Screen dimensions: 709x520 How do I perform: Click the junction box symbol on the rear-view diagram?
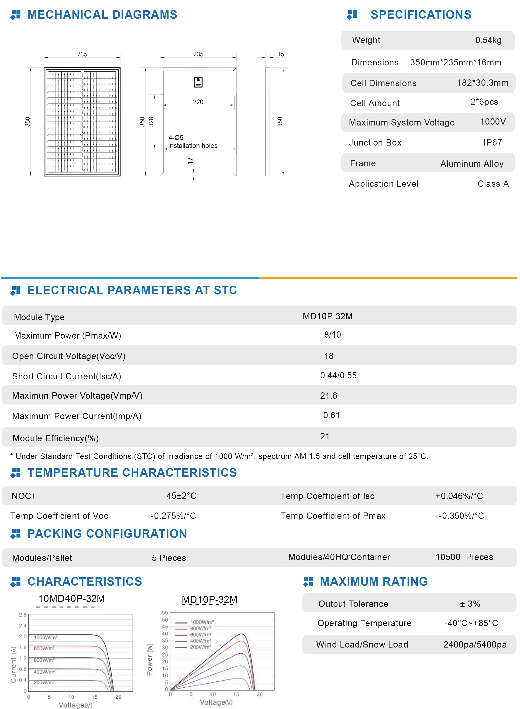[x=198, y=82]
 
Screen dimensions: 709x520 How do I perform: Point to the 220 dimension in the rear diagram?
[x=198, y=102]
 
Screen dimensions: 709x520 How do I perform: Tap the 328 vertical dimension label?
[x=151, y=122]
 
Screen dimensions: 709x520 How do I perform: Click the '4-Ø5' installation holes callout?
[x=176, y=137]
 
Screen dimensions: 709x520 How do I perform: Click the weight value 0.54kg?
[x=488, y=40]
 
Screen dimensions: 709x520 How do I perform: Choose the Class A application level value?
[x=493, y=184]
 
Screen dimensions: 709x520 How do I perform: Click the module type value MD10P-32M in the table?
[x=327, y=316]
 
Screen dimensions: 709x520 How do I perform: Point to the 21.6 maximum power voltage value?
[x=328, y=396]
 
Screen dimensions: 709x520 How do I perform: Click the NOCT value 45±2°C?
[x=181, y=496]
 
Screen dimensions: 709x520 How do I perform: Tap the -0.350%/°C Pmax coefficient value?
[x=461, y=516]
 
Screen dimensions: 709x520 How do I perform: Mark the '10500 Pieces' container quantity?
[x=464, y=557]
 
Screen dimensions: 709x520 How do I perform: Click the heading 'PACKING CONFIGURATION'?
[x=107, y=534]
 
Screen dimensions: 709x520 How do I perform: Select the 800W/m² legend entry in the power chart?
[x=200, y=628]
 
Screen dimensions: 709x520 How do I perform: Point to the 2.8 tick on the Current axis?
[x=23, y=615]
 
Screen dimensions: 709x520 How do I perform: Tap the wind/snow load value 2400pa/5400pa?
[x=475, y=645]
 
